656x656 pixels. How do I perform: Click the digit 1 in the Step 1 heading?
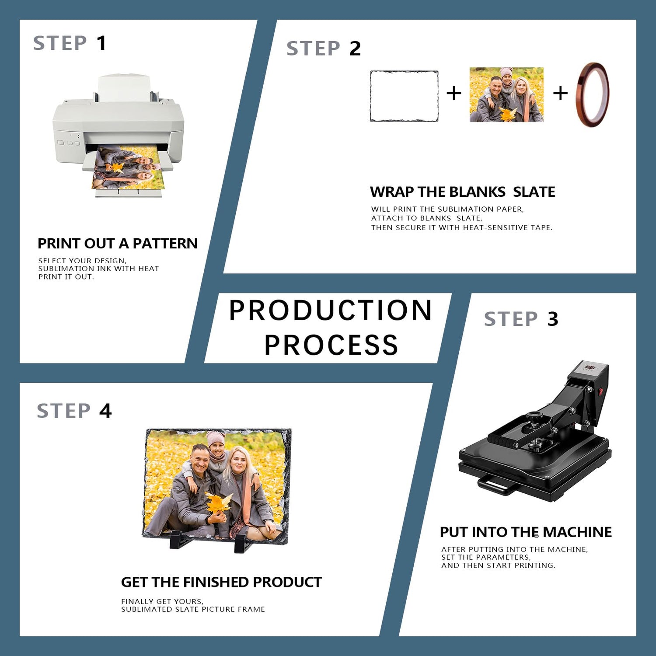tap(101, 43)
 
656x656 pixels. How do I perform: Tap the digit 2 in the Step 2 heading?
tap(355, 48)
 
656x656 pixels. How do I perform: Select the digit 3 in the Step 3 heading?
tap(553, 319)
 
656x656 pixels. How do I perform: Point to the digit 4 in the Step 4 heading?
tap(105, 411)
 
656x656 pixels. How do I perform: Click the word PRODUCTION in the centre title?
tap(331, 311)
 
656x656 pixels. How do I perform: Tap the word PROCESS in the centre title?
tap(331, 345)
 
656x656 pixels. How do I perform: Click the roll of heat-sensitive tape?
tap(593, 94)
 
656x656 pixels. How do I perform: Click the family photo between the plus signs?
tap(506, 94)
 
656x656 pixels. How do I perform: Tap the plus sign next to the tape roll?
tap(560, 93)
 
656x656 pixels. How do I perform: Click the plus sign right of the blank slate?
tap(454, 93)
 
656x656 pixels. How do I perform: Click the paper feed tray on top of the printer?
tap(124, 87)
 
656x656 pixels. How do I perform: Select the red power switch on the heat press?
tap(600, 391)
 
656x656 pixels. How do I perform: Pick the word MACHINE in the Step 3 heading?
tap(577, 532)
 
